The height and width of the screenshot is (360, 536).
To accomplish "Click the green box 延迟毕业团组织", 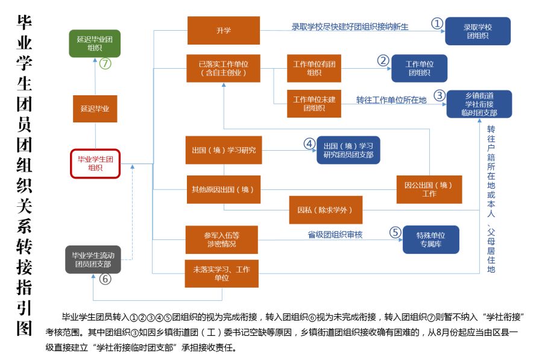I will pyautogui.click(x=95, y=43).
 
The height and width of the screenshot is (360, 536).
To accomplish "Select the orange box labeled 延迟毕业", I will pyautogui.click(x=95, y=109).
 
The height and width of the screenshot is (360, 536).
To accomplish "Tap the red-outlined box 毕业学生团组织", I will pyautogui.click(x=95, y=163).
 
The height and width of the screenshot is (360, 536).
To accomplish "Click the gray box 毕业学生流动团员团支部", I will pyautogui.click(x=93, y=259).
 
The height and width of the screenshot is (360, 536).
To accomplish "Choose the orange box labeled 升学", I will pyautogui.click(x=223, y=30).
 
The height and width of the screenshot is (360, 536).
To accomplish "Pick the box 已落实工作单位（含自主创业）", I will pyautogui.click(x=223, y=68).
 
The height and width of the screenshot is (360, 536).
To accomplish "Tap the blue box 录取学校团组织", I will pyautogui.click(x=478, y=31).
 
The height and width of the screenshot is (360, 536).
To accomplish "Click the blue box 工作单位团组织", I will pyautogui.click(x=420, y=68).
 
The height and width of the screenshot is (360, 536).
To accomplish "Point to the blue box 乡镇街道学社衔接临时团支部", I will pyautogui.click(x=479, y=104).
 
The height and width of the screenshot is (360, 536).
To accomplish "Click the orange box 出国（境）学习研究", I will pyautogui.click(x=223, y=150).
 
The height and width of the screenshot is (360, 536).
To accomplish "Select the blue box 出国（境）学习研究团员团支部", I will pyautogui.click(x=348, y=150).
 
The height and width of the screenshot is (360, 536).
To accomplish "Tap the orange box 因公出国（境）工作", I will pyautogui.click(x=429, y=189).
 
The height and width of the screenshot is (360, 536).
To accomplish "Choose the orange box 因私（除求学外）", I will pyautogui.click(x=329, y=210).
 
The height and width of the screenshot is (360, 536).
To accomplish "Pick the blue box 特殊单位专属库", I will pyautogui.click(x=431, y=239).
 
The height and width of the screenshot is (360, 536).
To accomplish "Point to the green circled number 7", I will pyautogui.click(x=106, y=63).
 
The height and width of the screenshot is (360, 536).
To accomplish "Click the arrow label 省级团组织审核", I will pyautogui.click(x=335, y=234).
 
